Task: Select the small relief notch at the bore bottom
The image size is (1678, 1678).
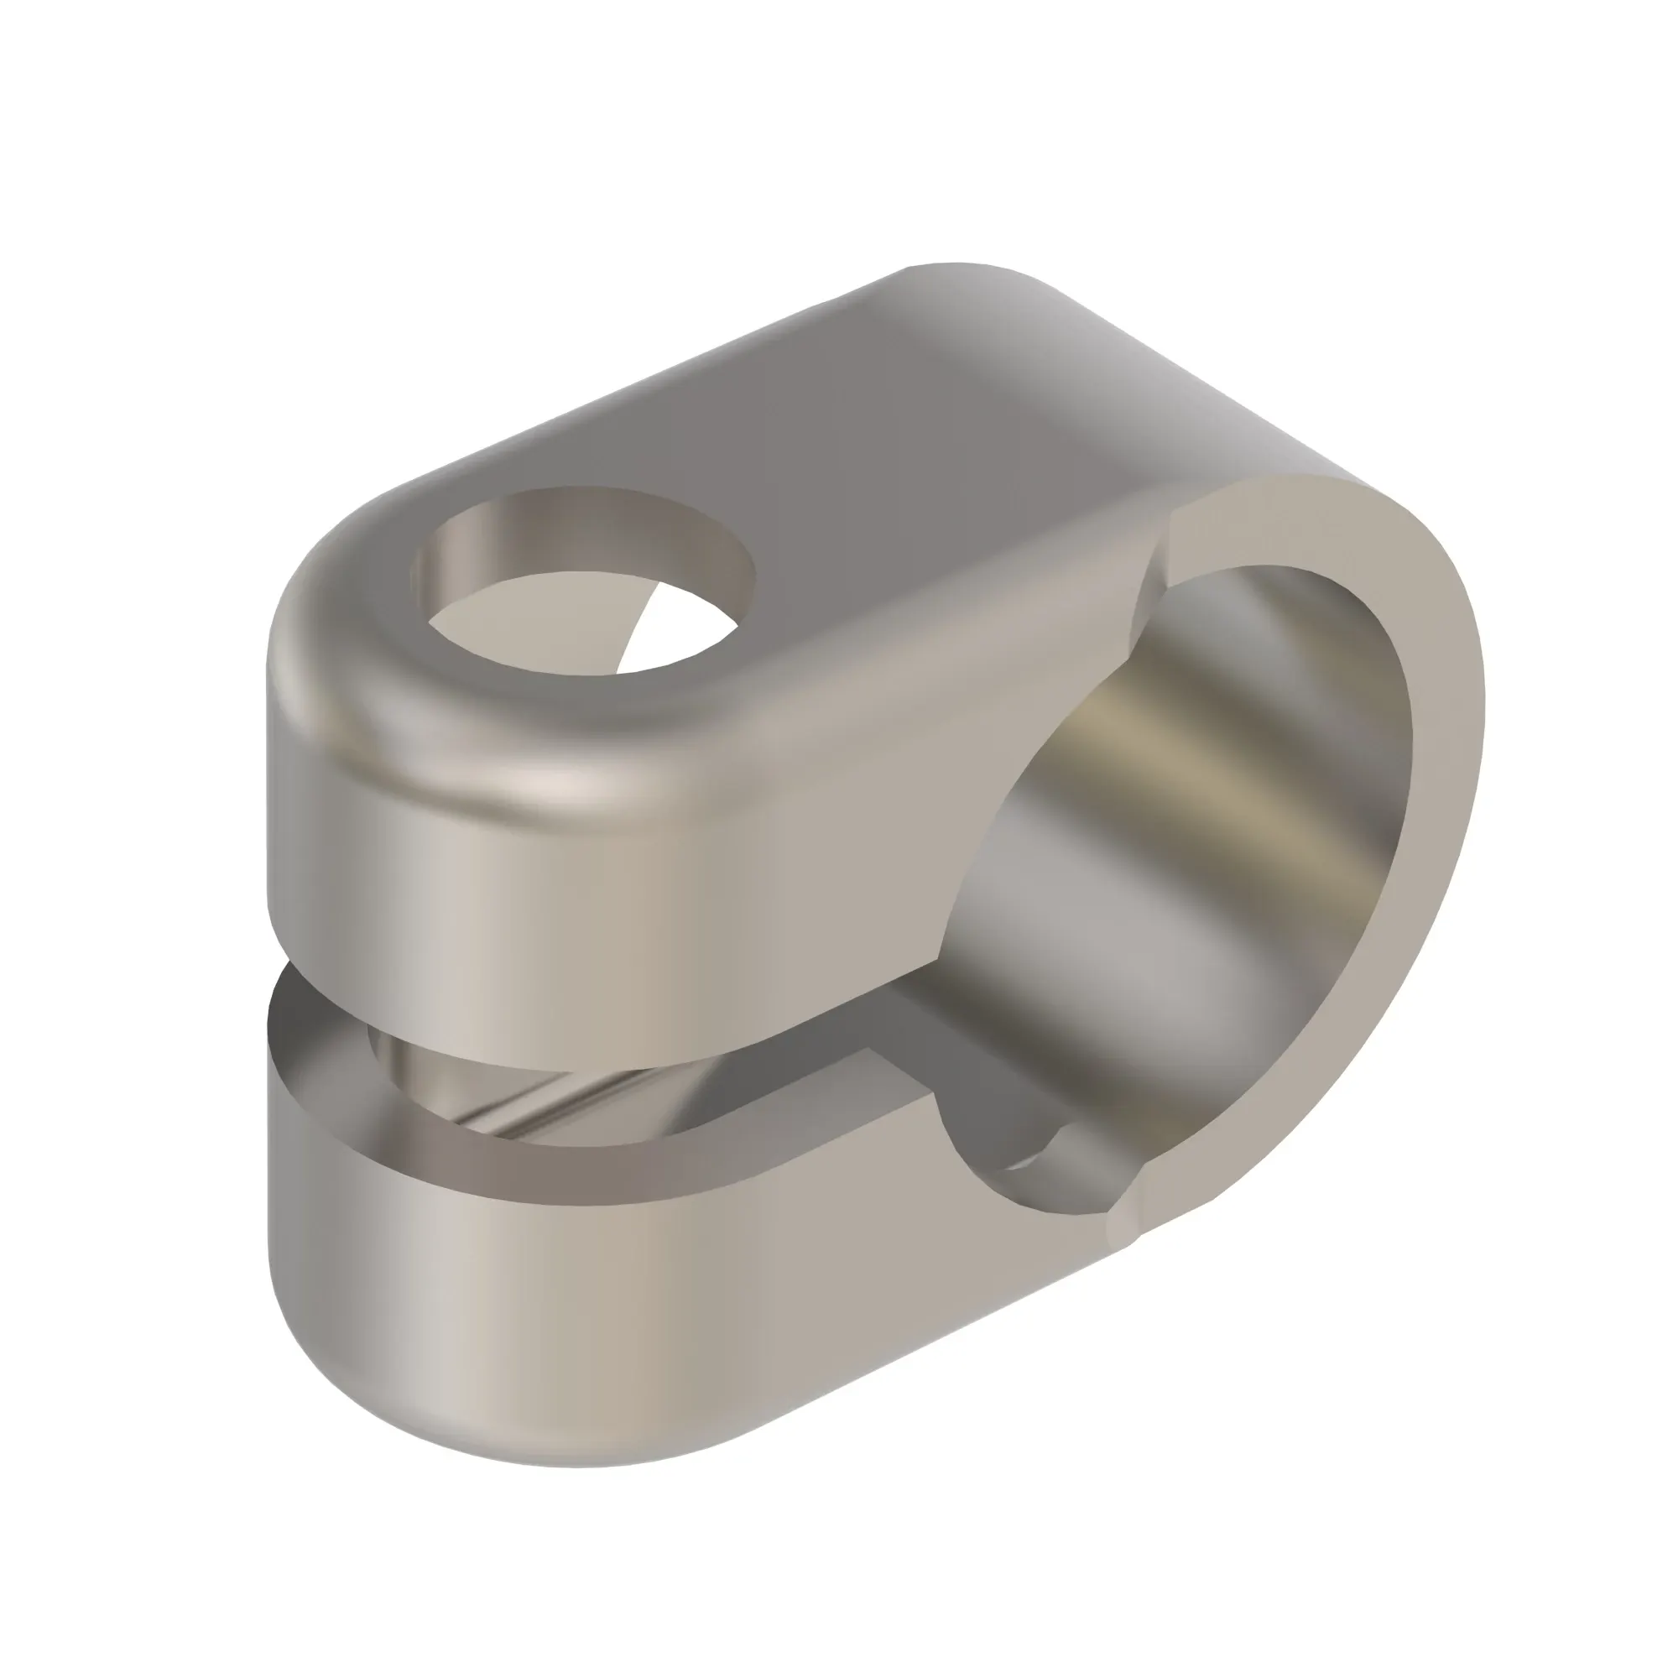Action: coord(1042,1155)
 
